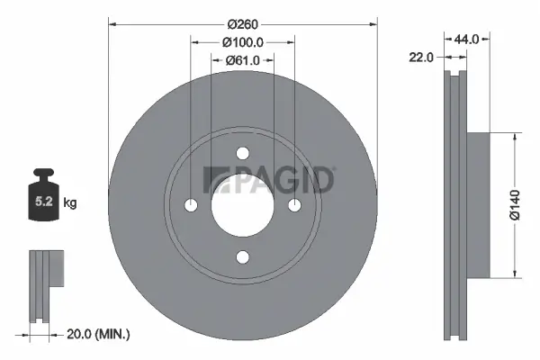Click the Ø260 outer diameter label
(242, 22)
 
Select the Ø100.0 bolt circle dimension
(242, 41)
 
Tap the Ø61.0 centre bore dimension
(242, 60)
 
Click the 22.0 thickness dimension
(421, 57)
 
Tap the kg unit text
(71, 203)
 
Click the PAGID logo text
(270, 180)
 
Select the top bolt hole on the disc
(242, 153)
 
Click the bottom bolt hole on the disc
(242, 258)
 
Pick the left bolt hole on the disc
(190, 206)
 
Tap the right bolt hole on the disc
(294, 206)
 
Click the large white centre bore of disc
(242, 206)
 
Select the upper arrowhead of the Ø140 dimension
(514, 138)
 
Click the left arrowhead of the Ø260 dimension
(112, 22)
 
